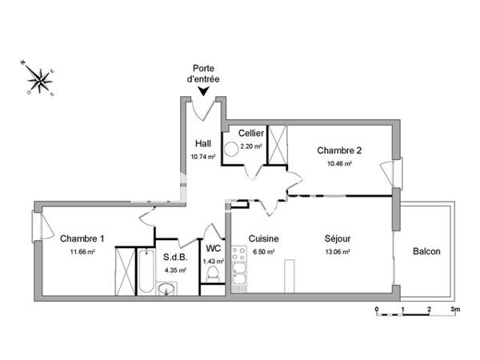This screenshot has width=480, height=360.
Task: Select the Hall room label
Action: (202, 144)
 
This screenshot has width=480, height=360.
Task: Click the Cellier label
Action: (252, 134)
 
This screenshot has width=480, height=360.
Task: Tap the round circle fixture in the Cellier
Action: (233, 148)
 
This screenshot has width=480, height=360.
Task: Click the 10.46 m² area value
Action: (340, 163)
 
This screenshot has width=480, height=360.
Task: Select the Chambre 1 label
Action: (82, 238)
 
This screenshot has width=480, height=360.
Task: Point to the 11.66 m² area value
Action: (82, 251)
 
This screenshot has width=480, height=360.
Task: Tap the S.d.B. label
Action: (175, 258)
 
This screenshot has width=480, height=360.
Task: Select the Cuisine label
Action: (262, 238)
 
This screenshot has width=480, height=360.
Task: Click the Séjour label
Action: (338, 238)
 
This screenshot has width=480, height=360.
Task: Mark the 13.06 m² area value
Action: (338, 251)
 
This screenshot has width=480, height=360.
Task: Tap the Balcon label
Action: (426, 252)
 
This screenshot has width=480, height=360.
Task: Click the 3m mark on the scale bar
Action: (454, 308)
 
